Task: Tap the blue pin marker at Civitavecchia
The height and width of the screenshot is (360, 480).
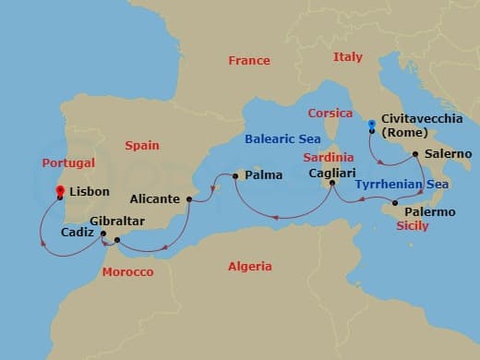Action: [x=370, y=125]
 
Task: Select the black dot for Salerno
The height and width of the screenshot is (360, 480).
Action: [x=415, y=154]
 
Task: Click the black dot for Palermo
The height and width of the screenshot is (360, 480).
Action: [x=395, y=202]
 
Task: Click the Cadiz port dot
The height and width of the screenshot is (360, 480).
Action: [x=103, y=234]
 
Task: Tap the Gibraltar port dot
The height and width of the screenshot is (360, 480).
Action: [x=117, y=240]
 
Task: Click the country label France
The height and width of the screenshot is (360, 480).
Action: [x=249, y=61]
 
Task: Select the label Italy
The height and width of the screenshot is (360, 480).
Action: [x=348, y=57]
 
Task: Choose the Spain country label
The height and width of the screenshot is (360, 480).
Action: [x=142, y=146]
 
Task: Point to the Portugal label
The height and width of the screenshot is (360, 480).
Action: [x=68, y=163]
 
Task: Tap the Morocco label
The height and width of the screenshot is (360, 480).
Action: [x=127, y=272]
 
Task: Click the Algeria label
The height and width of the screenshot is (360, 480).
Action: [x=250, y=267]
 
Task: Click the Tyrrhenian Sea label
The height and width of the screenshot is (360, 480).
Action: [x=402, y=185]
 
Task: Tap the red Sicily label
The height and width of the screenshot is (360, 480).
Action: [x=412, y=225]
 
